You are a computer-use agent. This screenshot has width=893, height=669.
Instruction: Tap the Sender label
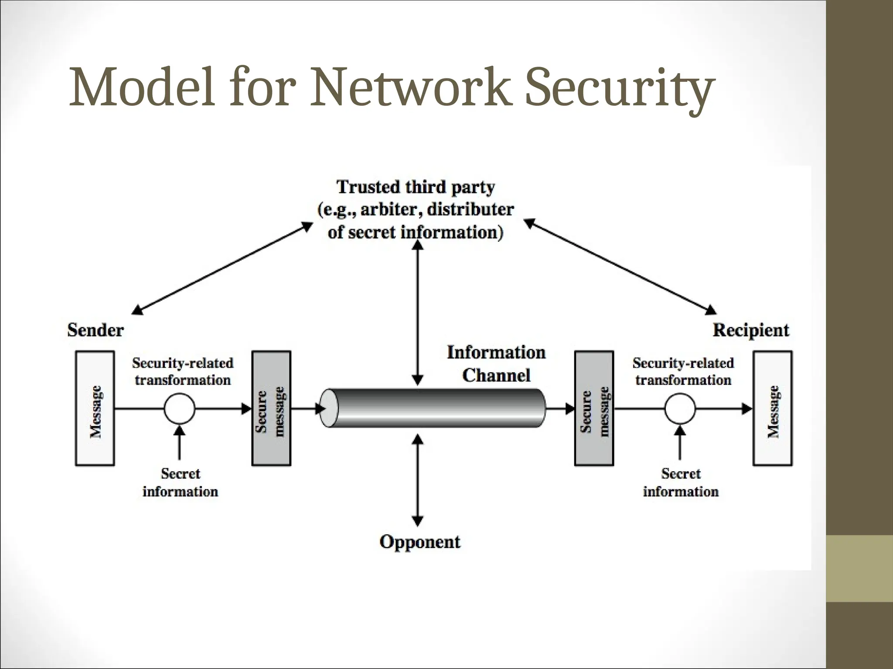95,330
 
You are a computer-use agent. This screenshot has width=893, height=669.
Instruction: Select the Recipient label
751,330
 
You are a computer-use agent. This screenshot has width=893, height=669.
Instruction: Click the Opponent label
419,542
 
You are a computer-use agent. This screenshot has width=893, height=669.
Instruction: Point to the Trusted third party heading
416,187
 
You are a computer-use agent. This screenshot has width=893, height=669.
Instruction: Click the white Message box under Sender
95,409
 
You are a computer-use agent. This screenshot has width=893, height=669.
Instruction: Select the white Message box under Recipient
773,409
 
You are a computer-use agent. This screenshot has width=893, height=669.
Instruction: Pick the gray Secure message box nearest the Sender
271,409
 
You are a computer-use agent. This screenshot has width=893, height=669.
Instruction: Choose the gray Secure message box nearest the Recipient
594,409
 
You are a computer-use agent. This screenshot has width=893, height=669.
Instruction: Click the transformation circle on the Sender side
179,409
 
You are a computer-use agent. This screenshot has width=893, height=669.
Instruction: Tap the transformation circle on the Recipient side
680,409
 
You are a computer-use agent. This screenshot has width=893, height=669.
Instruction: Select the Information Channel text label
496,364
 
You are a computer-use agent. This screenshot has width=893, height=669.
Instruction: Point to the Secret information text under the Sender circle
180,483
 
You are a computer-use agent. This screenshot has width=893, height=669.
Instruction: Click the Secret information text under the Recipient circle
680,483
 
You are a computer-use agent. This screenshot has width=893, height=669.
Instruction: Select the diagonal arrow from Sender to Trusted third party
222,268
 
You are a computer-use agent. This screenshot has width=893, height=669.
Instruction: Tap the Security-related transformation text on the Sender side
182,372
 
